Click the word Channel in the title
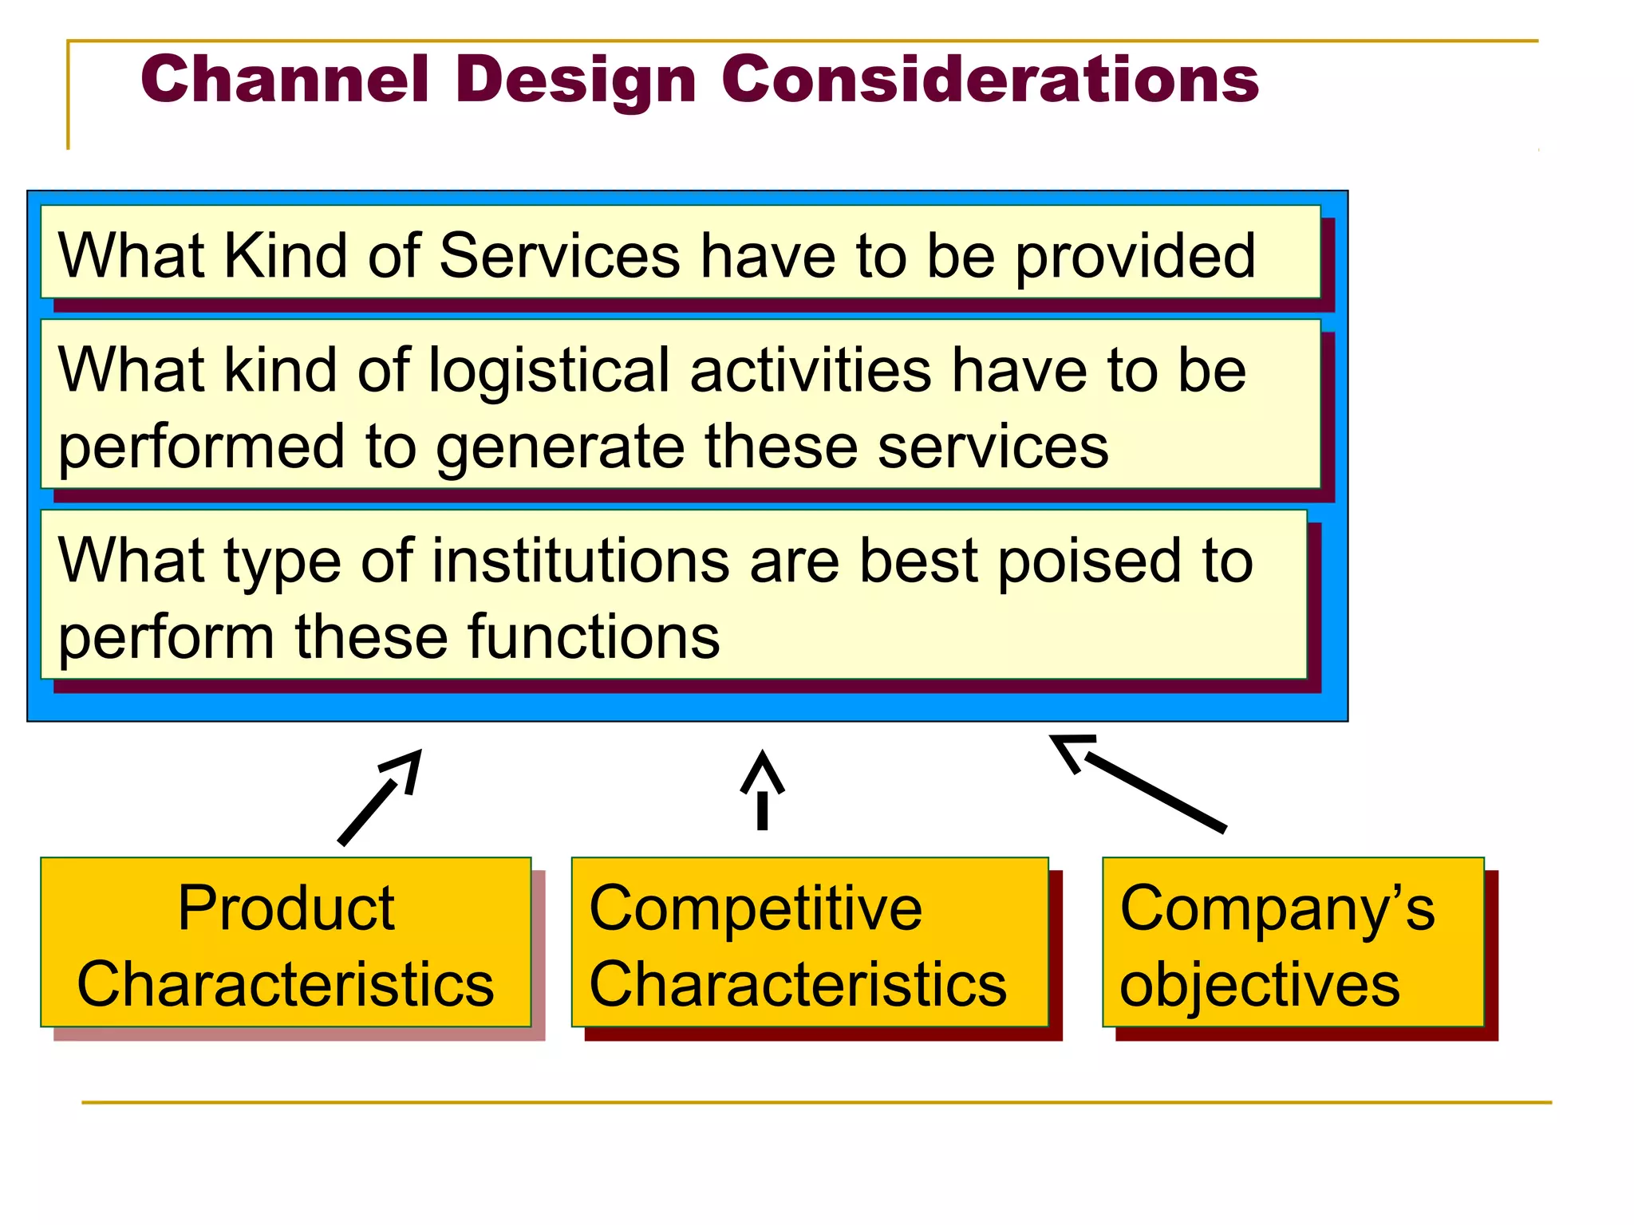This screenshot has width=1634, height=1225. click(285, 80)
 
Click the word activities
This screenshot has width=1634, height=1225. click(811, 370)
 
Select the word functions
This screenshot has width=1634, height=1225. click(594, 636)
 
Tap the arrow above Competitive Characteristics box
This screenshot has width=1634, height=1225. click(763, 790)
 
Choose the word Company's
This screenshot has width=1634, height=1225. click(1277, 909)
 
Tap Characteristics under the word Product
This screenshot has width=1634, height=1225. click(286, 984)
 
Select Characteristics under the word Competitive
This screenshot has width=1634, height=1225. click(798, 984)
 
